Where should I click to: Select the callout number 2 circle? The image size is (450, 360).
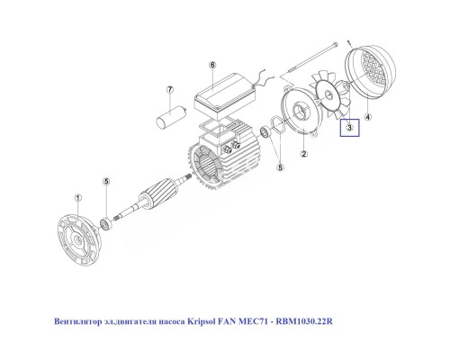[304, 154]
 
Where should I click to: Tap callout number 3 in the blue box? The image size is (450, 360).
[348, 129]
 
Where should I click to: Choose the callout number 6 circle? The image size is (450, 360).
[212, 66]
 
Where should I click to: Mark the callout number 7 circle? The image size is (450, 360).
[168, 90]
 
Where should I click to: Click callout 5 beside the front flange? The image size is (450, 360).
[106, 182]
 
